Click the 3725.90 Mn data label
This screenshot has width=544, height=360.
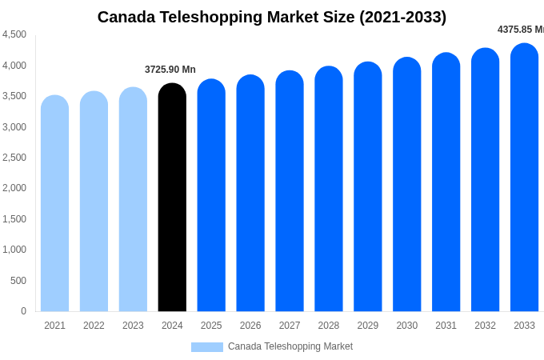coord(170,70)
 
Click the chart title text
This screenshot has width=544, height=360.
coord(272,17)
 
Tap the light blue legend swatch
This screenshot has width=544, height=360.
coord(206,347)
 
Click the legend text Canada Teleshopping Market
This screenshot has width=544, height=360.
coord(290,346)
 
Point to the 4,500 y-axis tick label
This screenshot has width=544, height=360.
coord(14,34)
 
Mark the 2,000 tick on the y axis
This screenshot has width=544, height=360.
coord(14,188)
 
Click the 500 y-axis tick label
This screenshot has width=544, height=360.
coord(18,281)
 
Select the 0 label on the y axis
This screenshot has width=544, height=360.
coord(23,311)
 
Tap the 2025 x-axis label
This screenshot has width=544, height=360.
coord(211,326)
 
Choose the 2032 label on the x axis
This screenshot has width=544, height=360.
coord(485,326)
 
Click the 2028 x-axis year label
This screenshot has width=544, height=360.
coord(329,326)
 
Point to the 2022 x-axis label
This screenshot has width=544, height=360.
coord(94,326)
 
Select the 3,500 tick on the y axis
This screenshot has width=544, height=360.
coord(14,96)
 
